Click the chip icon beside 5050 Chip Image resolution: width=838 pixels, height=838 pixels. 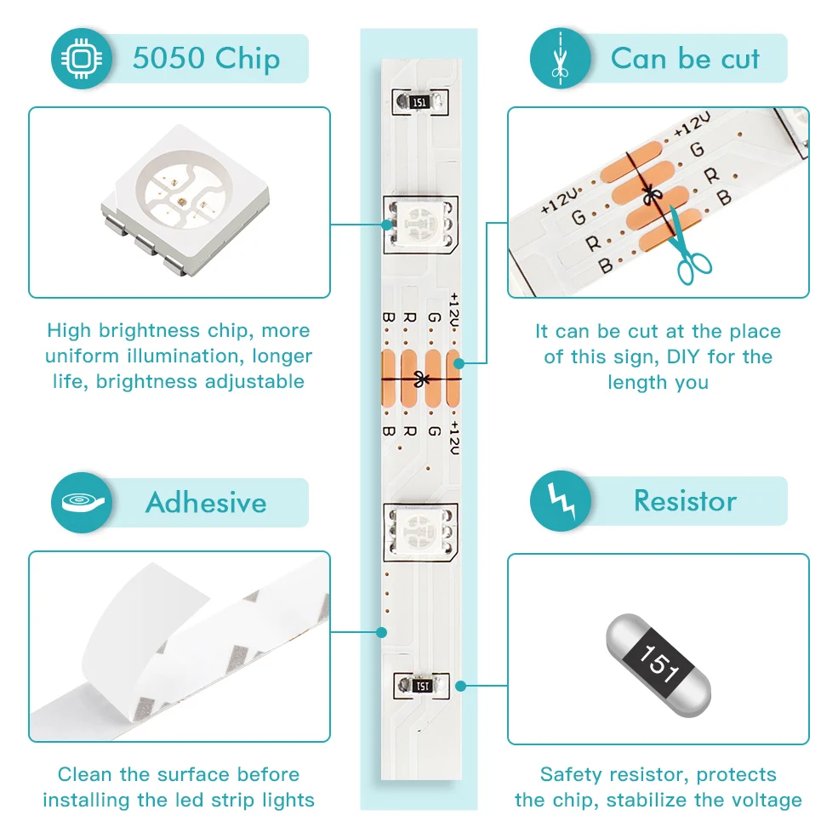[x=82, y=58]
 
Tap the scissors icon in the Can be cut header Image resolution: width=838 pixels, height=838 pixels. [x=560, y=58]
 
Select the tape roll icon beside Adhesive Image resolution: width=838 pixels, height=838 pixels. [x=82, y=502]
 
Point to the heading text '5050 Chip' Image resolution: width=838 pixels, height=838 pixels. [x=206, y=59]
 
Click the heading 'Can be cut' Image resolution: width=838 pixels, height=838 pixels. [x=685, y=59]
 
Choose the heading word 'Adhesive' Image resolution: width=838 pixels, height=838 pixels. [x=206, y=502]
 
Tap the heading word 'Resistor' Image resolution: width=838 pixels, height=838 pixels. [x=685, y=501]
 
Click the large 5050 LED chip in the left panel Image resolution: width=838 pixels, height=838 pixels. [x=180, y=202]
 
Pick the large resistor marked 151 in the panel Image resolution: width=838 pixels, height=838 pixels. [x=658, y=650]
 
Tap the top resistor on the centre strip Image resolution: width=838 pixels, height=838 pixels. [x=418, y=101]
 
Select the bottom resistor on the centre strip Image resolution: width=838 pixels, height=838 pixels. [x=420, y=685]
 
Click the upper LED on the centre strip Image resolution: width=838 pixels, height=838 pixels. [x=420, y=223]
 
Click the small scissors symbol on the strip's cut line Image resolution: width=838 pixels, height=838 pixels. [x=419, y=379]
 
